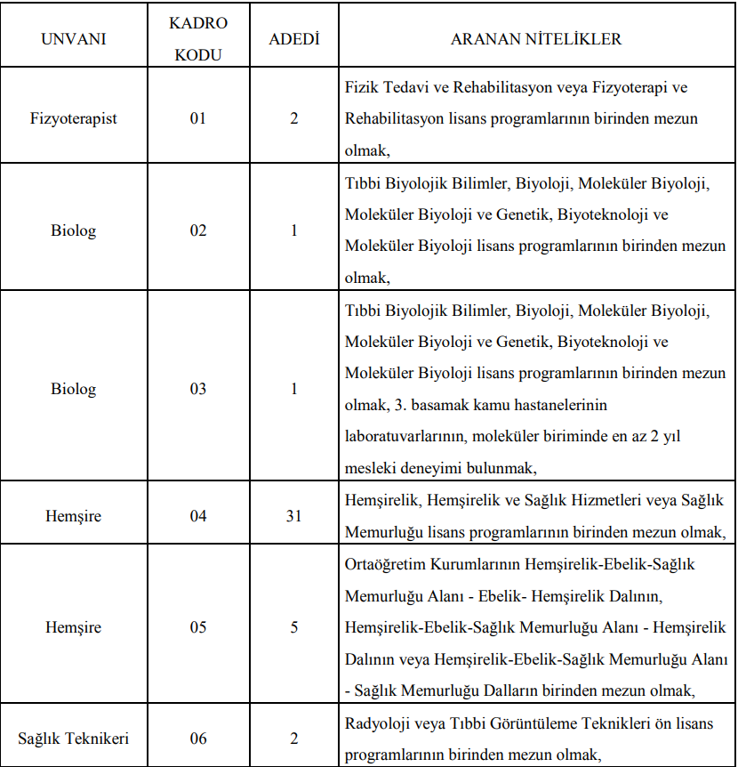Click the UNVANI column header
pyautogui.click(x=74, y=40)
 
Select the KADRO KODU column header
pyautogui.click(x=197, y=40)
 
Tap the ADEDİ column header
pyautogui.click(x=294, y=40)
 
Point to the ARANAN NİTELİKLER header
pyautogui.click(x=536, y=40)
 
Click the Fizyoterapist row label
pyautogui.click(x=74, y=117)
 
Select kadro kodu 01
pyautogui.click(x=197, y=117)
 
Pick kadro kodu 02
pyautogui.click(x=197, y=230)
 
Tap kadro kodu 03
pyautogui.click(x=197, y=389)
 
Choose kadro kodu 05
pyautogui.click(x=197, y=627)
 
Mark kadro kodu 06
pyautogui.click(x=197, y=739)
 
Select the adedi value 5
pyautogui.click(x=294, y=627)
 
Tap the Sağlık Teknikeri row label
pyautogui.click(x=74, y=739)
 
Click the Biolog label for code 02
pyautogui.click(x=74, y=230)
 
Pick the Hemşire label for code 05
pyautogui.click(x=74, y=627)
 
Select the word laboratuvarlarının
pyautogui.click(x=405, y=436)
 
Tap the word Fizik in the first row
pyautogui.click(x=359, y=88)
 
